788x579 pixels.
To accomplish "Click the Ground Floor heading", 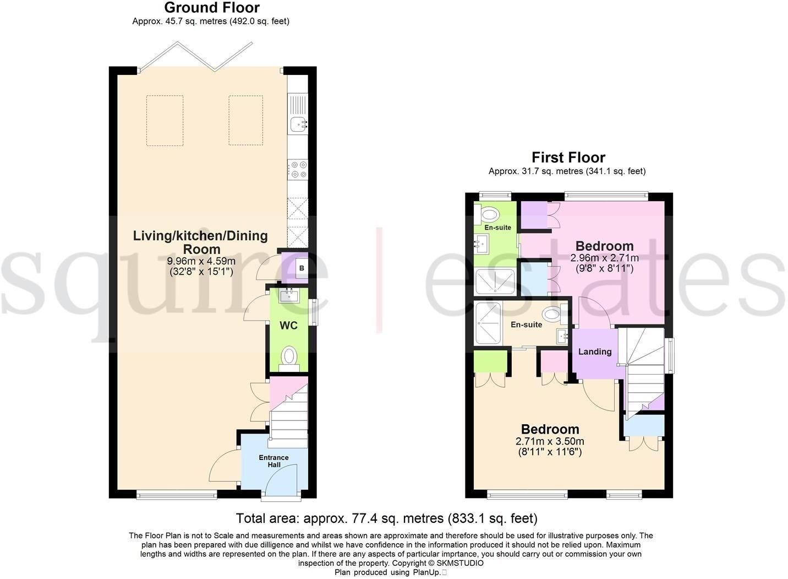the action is point(212,7).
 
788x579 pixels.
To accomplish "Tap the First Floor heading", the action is point(568,157).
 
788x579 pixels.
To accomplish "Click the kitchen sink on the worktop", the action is point(298,125).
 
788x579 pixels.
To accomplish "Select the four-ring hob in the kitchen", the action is point(298,170).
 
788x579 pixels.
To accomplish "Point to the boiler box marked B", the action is point(301,268).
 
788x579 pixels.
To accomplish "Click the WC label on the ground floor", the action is point(288,326).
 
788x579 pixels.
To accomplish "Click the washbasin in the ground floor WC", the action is point(289,295).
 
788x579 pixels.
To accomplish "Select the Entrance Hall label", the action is point(273,461).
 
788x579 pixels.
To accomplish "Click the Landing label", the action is point(595,351).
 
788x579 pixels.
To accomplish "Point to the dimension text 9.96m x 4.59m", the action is point(201,261).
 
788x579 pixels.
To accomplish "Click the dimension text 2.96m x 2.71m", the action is point(604,257).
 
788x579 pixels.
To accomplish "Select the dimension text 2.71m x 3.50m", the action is point(550,441).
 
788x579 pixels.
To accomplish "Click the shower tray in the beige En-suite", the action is point(488,323).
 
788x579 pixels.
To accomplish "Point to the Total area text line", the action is point(387,518).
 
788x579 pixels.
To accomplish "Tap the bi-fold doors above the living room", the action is point(195,56).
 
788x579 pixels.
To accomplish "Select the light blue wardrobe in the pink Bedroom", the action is point(534,278).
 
